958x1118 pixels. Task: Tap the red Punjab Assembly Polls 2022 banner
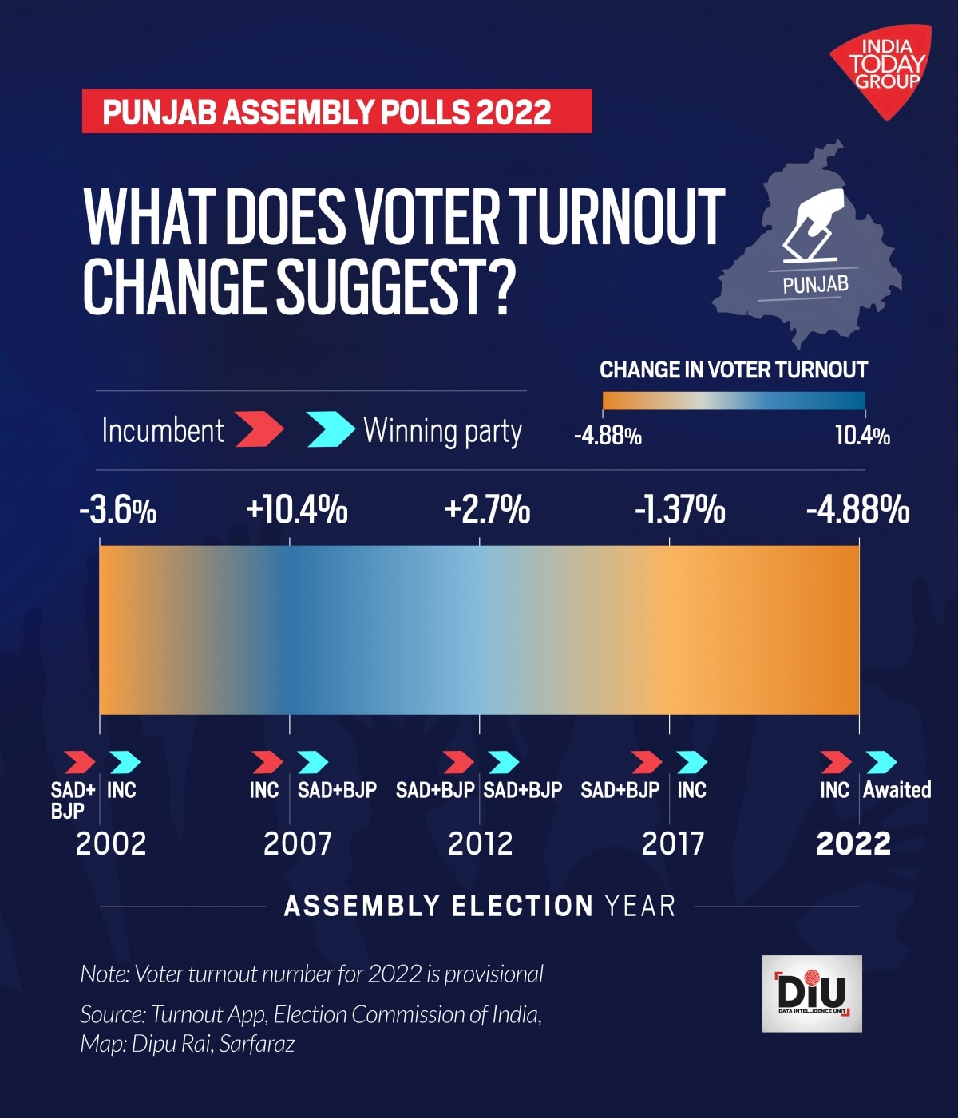pos(336,111)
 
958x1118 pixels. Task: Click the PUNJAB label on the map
pos(815,284)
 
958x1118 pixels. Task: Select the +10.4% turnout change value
pos(297,509)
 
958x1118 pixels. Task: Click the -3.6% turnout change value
pos(118,509)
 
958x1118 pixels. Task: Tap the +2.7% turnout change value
pos(487,509)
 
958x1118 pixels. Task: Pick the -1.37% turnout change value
pos(680,509)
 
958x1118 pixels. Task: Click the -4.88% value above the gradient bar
pos(858,509)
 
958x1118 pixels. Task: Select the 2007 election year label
pos(298,843)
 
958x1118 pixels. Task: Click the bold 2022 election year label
pos(853,843)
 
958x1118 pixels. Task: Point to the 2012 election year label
pos(481,843)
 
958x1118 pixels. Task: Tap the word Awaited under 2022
pos(897,790)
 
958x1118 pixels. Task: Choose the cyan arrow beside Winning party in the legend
pos(331,429)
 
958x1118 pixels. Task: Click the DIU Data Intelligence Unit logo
pos(812,994)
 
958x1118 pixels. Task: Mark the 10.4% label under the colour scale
pos(862,436)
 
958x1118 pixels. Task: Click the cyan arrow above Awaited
pos(881,762)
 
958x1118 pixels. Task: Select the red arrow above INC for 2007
pos(267,762)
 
